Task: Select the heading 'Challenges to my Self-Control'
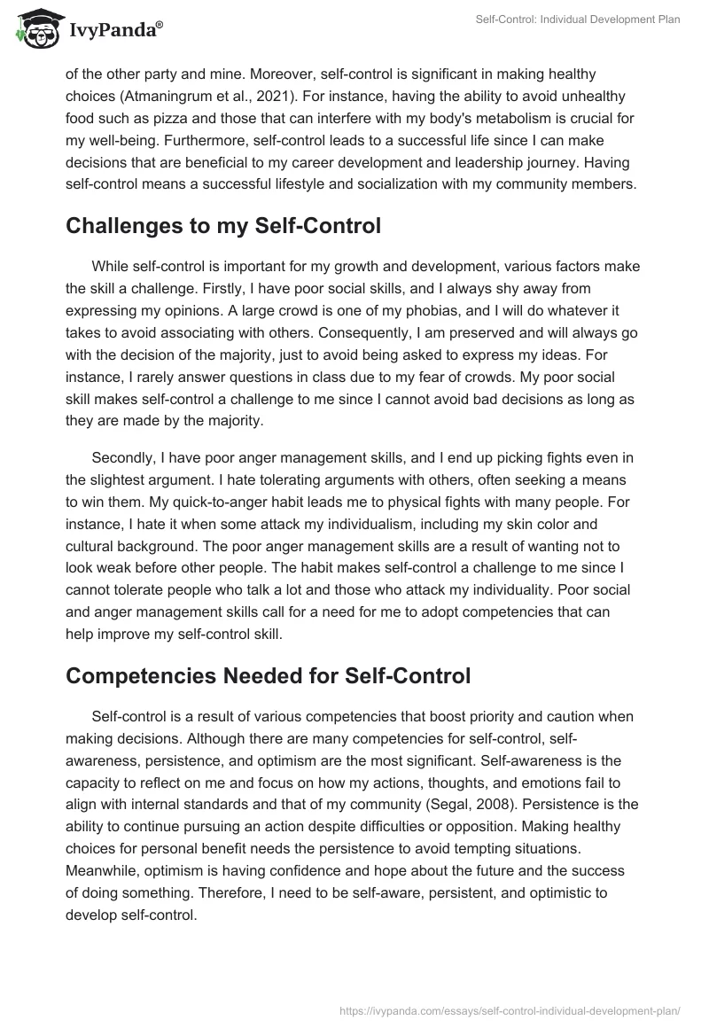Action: tap(223, 226)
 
